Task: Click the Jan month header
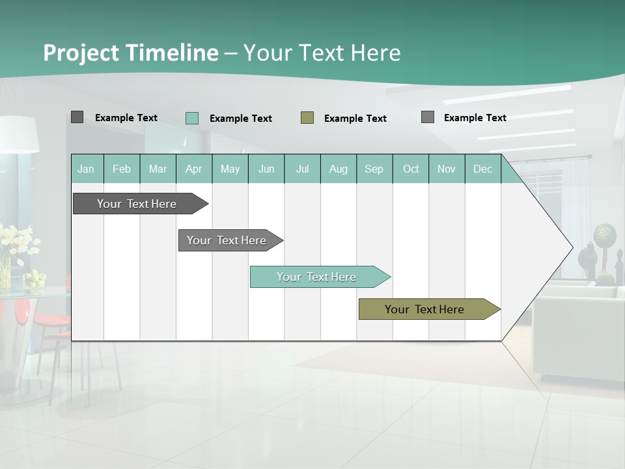point(86,169)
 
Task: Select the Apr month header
point(193,169)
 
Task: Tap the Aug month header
point(338,169)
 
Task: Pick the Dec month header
point(482,169)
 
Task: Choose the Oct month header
point(410,169)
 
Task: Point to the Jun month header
point(266,169)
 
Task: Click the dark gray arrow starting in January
point(137,204)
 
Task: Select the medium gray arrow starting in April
point(227,240)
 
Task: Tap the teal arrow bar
point(316,277)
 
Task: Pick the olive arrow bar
point(424,309)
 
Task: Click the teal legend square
point(191,118)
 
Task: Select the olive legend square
point(307,117)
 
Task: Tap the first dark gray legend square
point(77,117)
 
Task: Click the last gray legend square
point(427,117)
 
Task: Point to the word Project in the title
point(82,53)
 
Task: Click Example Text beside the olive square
point(355,118)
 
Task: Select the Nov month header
point(446,169)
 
